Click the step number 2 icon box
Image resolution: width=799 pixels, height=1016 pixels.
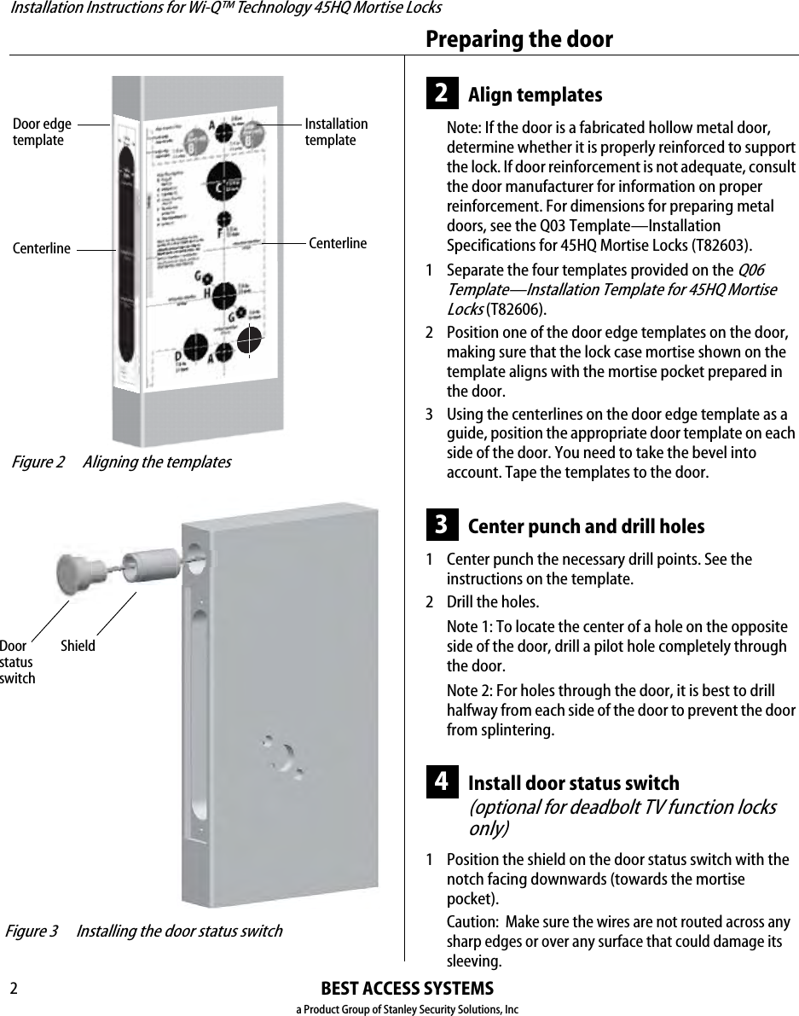442,93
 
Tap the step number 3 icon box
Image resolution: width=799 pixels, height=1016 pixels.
442,525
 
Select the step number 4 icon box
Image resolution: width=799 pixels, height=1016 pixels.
442,781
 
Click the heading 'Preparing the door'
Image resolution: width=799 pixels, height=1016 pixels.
518,39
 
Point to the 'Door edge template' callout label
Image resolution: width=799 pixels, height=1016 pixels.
42,132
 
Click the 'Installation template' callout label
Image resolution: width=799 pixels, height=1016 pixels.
336,132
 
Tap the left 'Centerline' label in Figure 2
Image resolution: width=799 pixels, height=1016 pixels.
42,249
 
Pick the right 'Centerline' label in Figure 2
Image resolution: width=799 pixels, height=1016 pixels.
338,243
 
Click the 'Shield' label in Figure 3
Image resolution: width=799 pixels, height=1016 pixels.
78,646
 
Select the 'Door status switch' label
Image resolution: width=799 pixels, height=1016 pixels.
17,662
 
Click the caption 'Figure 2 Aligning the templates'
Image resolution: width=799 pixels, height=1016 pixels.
120,462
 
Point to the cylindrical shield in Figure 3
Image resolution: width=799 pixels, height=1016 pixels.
151,564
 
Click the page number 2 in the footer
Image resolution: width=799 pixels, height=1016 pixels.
14,989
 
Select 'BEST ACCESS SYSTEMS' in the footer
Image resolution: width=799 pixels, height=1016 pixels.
407,989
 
